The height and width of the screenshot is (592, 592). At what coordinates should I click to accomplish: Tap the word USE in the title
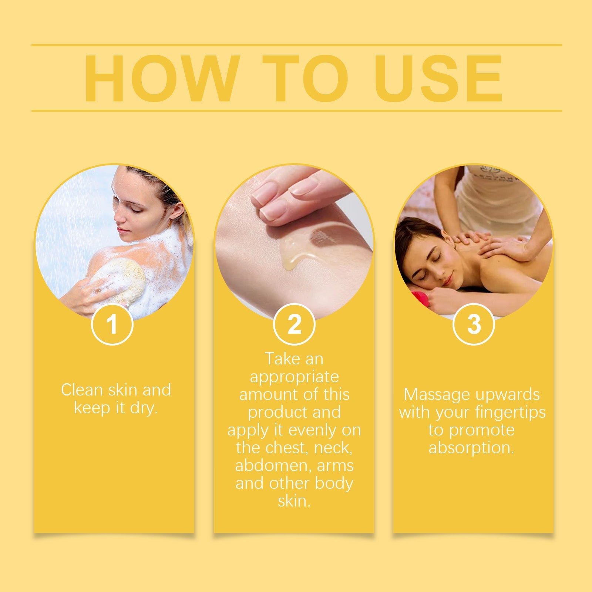coord(438,78)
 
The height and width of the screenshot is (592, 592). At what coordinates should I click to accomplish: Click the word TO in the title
coord(305,78)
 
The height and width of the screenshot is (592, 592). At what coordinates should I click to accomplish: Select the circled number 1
coord(112,324)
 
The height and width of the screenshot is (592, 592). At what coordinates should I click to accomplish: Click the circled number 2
coord(294,324)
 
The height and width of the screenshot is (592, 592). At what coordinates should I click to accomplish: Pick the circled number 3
coord(474,324)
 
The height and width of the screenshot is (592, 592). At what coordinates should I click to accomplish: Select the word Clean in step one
coord(81,390)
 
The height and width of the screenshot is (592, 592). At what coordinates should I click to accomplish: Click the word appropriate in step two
coord(294,377)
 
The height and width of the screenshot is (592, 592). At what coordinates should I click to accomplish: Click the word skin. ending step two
coord(294,501)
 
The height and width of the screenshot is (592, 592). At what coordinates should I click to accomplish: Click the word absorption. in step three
coord(471,448)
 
